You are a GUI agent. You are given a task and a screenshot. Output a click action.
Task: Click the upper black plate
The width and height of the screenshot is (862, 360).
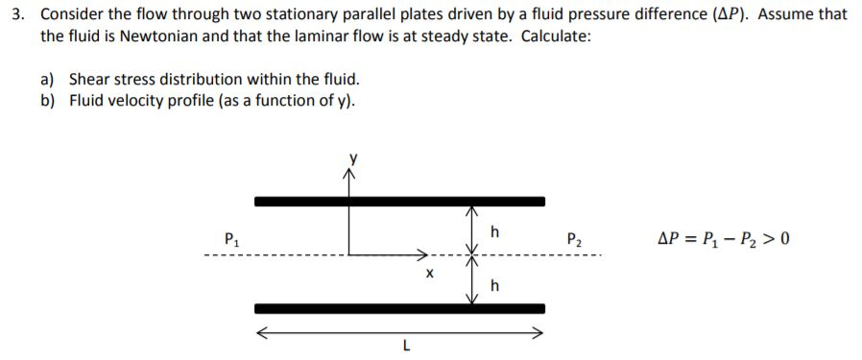[x=399, y=201]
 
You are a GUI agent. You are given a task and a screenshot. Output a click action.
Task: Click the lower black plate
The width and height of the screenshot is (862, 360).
[x=399, y=308]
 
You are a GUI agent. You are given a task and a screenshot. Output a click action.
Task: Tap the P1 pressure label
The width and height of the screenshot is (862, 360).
[x=229, y=238]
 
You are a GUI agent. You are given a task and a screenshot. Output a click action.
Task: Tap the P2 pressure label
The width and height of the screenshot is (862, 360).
[x=574, y=238]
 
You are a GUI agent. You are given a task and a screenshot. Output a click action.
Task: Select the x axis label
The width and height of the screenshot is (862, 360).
[x=429, y=274]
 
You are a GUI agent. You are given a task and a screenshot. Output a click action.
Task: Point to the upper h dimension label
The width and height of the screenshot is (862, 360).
[x=494, y=230]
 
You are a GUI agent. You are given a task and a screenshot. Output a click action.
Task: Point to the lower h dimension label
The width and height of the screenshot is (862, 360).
[x=494, y=285]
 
